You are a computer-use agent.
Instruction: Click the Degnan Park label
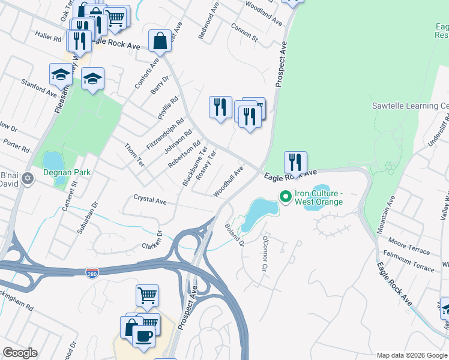(66, 172)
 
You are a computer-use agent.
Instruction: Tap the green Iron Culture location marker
(285, 196)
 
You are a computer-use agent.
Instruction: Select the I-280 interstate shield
(92, 272)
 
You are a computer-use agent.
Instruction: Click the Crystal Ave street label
(149, 200)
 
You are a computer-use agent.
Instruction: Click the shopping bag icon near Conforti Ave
(160, 41)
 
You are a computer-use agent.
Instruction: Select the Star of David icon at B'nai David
(28, 182)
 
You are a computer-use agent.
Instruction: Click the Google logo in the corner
(20, 353)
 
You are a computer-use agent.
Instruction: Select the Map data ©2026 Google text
(411, 355)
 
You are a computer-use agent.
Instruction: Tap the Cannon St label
(244, 34)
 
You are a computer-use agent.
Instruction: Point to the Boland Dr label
(234, 235)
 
